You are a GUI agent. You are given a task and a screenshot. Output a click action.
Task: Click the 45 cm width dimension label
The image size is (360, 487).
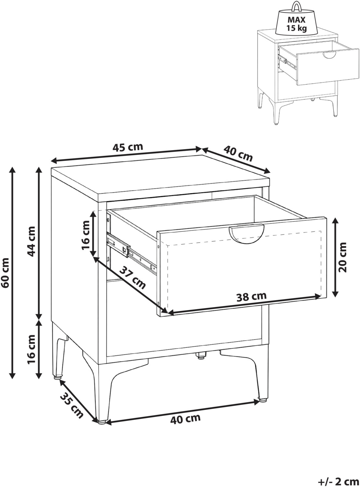[128, 147]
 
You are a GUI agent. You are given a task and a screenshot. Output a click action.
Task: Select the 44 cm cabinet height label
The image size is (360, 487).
[31, 241]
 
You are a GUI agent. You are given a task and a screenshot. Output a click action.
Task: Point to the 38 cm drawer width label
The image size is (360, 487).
[252, 297]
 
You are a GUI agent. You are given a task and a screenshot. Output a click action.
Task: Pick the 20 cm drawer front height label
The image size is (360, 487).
[342, 257]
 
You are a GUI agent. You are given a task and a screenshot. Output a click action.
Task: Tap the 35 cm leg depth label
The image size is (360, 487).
[71, 405]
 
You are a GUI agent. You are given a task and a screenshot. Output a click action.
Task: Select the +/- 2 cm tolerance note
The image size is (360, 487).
[338, 481]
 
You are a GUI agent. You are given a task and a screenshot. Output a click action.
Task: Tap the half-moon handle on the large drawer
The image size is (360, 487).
[246, 234]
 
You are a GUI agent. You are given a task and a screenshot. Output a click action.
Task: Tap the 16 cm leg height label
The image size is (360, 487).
[31, 352]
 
